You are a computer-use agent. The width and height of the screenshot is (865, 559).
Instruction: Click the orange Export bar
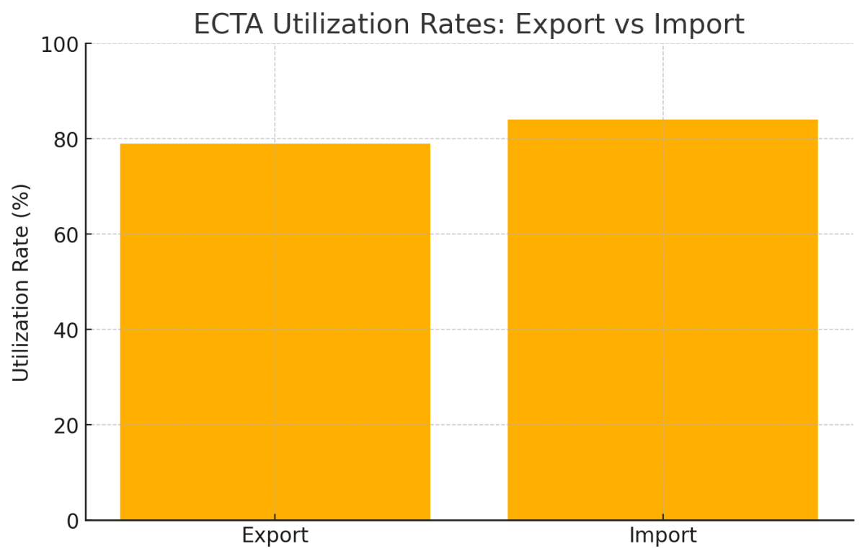click(275, 332)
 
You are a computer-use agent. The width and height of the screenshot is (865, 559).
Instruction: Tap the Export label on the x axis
click(275, 536)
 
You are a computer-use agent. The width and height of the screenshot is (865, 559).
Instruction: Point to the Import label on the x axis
click(662, 536)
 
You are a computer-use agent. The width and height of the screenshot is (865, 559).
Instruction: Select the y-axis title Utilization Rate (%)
click(22, 282)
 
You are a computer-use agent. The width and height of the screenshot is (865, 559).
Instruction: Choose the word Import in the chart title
click(698, 25)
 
